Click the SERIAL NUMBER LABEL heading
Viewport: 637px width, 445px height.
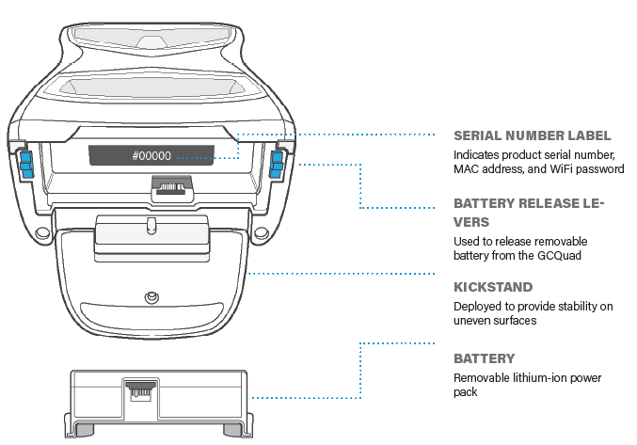(532, 135)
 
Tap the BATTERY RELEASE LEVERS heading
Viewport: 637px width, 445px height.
(528, 212)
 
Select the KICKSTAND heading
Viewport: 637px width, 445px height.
(492, 287)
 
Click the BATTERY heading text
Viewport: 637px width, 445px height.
(485, 358)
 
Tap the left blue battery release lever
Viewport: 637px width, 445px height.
(27, 164)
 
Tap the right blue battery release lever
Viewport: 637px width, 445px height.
(276, 164)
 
